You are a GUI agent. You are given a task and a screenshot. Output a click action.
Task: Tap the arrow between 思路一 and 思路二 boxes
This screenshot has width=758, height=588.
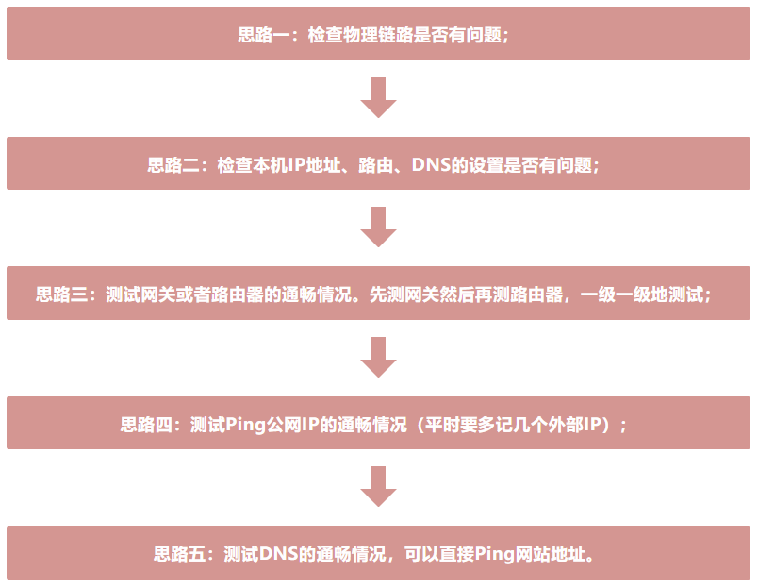(379, 98)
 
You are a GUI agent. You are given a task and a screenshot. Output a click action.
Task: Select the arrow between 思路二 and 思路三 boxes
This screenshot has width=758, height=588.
(379, 227)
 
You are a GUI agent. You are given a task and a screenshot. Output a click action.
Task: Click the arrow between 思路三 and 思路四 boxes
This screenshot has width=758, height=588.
(379, 358)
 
